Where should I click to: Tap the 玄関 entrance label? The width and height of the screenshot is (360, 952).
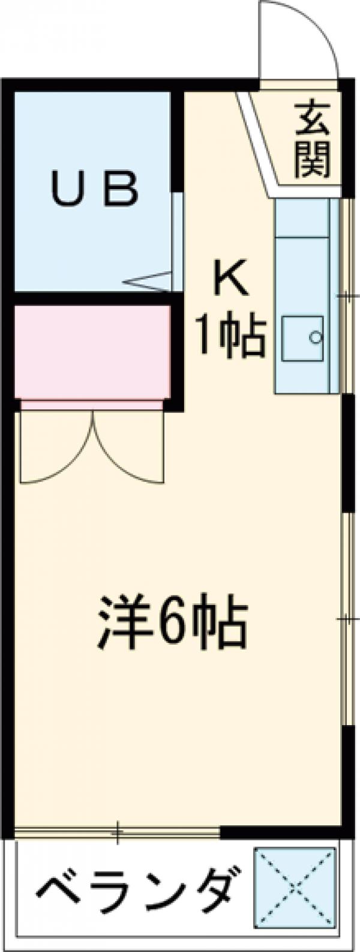(x=313, y=140)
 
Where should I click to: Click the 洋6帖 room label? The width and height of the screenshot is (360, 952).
(x=172, y=622)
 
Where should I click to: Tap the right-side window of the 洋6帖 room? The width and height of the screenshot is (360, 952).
(x=347, y=618)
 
